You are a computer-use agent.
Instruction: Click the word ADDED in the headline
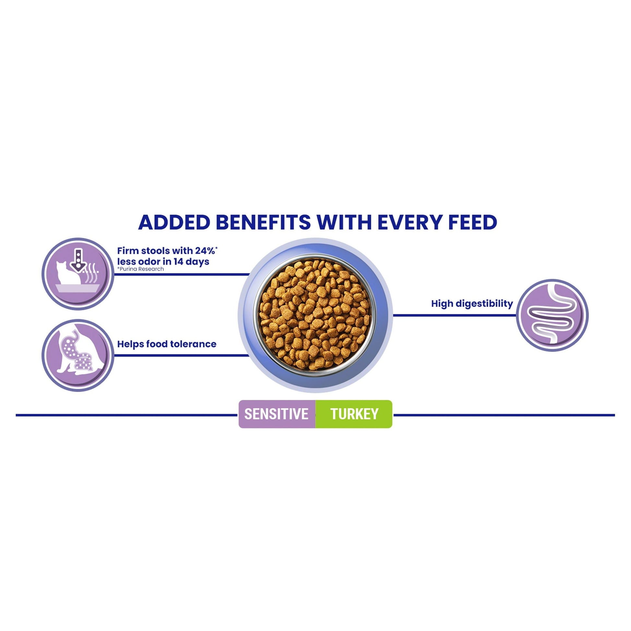[x=174, y=222]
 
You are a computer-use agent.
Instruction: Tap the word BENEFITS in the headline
[x=263, y=222]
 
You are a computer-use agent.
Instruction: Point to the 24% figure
[x=206, y=251]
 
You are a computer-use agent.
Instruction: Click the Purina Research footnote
[x=140, y=269]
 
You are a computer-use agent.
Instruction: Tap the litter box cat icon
[x=78, y=274]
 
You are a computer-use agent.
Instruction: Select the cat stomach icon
[x=78, y=355]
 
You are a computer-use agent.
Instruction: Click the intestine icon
[x=552, y=315]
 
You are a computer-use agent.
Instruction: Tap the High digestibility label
[x=472, y=304]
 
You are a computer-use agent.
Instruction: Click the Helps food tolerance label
[x=167, y=344]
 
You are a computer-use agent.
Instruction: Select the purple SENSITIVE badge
[x=277, y=414]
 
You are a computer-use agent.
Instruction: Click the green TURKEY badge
[x=354, y=414]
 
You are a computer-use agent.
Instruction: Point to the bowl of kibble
[x=315, y=315]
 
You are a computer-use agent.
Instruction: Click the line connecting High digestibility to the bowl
[x=454, y=315]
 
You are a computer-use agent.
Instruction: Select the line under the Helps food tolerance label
[x=181, y=355]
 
